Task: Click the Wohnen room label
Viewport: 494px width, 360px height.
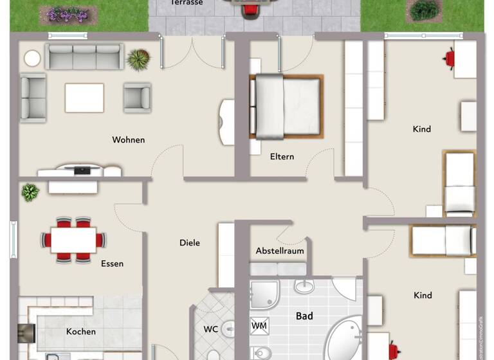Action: pos(128,139)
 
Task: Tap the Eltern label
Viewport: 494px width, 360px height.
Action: pos(282,156)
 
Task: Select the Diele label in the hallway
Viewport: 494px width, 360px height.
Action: pos(189,242)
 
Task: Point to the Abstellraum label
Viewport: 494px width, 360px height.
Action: pos(280,250)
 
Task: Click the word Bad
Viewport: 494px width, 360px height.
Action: pos(304,316)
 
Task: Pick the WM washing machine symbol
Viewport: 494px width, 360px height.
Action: pos(259,326)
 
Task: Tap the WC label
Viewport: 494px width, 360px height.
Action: pos(211,329)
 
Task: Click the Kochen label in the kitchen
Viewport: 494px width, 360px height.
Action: pos(81,331)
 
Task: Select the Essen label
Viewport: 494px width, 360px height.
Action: pos(112,263)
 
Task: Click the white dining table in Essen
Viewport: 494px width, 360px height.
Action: pos(73,240)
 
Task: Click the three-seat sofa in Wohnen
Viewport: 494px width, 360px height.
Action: pos(84,57)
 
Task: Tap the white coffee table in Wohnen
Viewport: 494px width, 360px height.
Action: pos(84,98)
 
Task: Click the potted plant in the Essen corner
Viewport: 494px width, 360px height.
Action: pos(30,192)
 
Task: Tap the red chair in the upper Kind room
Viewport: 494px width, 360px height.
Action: pos(450,59)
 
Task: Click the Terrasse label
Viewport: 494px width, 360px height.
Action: pos(187,3)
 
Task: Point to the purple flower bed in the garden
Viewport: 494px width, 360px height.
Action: pos(67,14)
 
